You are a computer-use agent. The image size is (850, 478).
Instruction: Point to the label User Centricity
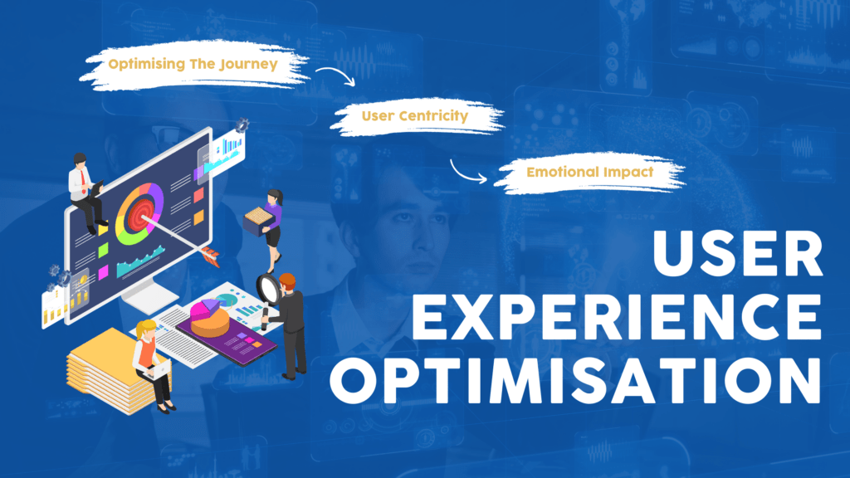click(414, 116)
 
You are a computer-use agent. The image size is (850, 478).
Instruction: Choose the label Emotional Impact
click(589, 172)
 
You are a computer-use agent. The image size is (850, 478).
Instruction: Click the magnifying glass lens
click(267, 288)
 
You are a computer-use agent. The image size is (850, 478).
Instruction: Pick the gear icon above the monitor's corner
click(242, 125)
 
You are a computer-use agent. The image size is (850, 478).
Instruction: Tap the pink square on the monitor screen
click(103, 272)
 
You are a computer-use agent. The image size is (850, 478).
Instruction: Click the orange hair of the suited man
click(286, 279)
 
